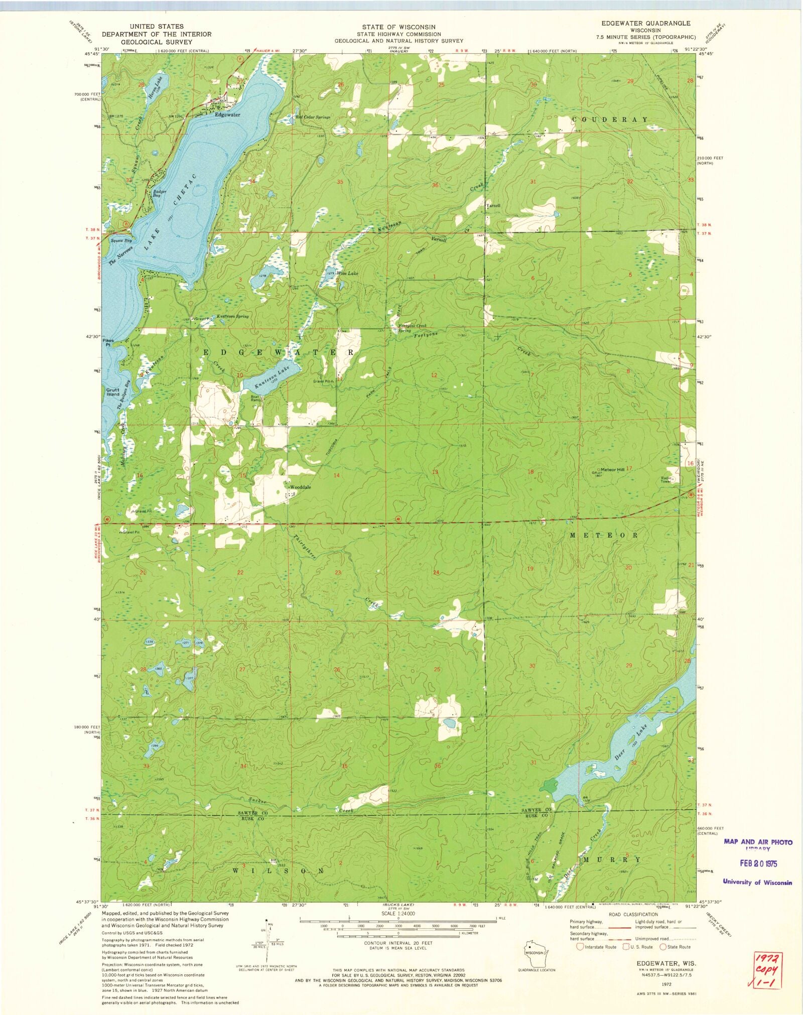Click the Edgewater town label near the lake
point(227,114)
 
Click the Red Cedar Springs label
point(313,117)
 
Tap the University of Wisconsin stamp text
point(757,882)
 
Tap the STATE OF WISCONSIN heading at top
point(399,27)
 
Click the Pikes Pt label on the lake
point(108,343)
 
